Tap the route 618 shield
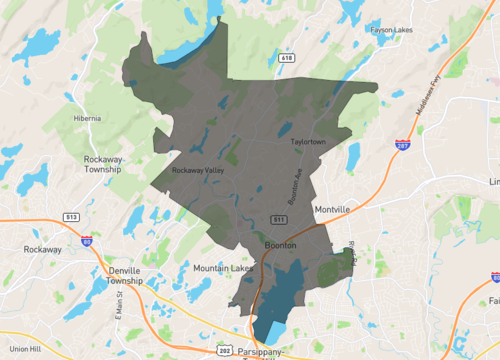tap(287, 59)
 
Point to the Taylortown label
tap(310, 142)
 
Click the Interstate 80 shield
tap(87, 241)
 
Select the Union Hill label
tap(23, 349)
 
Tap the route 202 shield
tap(225, 351)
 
